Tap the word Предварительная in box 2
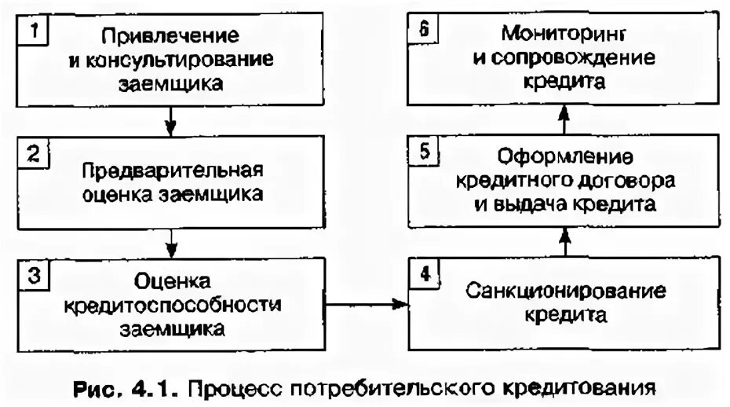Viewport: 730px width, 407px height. [175, 171]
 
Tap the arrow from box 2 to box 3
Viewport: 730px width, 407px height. [171, 244]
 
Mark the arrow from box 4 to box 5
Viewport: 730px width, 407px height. [562, 242]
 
